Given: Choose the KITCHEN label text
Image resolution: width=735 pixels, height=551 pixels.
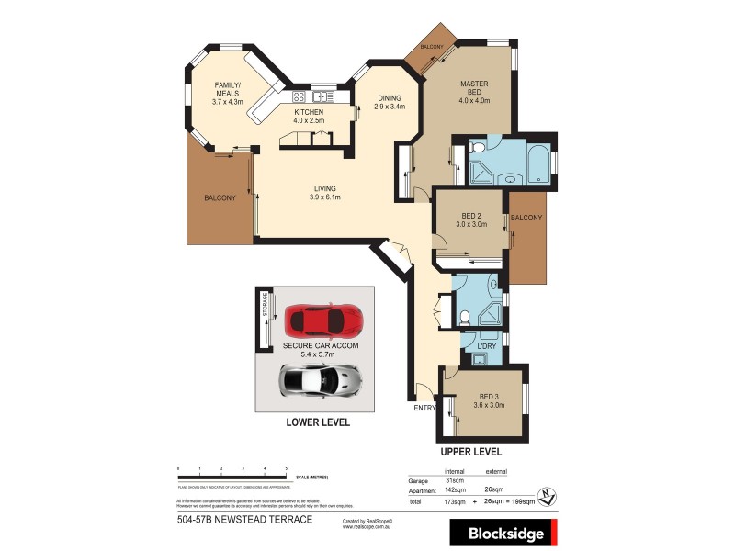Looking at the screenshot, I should [308, 115].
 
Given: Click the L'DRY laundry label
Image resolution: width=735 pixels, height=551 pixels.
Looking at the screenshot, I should [486, 345].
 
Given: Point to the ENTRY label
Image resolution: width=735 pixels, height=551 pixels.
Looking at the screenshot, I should [425, 407].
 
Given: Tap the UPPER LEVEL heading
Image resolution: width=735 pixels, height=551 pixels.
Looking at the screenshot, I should [469, 452].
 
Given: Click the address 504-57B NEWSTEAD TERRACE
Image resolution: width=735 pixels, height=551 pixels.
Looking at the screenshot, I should [244, 520].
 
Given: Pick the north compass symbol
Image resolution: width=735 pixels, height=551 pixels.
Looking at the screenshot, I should [548, 495].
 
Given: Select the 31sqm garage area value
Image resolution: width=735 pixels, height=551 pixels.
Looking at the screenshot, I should [454, 481].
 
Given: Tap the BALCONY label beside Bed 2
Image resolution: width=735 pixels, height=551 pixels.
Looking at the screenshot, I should [526, 218].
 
